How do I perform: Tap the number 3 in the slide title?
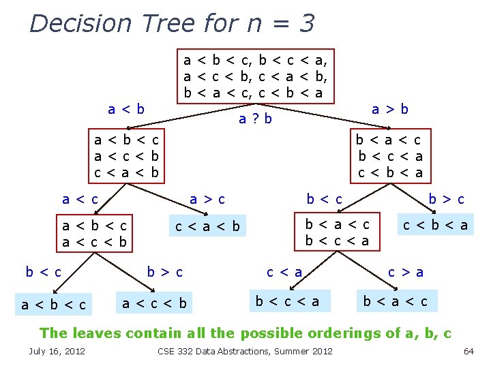tap(306, 23)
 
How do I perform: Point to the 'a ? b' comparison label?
tap(256, 119)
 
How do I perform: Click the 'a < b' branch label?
tap(126, 109)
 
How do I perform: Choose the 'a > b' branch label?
tap(390, 108)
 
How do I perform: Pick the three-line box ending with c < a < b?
tap(127, 157)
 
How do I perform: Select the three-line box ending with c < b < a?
tap(390, 156)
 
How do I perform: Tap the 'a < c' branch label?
tap(80, 200)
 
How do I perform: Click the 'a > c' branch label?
tap(207, 200)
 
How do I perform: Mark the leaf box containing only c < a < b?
tap(208, 226)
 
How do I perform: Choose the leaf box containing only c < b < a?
tap(435, 225)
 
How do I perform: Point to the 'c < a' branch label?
tap(284, 273)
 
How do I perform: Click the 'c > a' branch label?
tap(406, 273)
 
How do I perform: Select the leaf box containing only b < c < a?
tap(287, 301)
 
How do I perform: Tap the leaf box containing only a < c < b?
tap(154, 303)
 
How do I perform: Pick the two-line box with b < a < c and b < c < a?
tap(337, 232)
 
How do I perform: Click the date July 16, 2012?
tap(57, 351)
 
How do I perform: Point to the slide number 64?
tap(468, 351)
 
